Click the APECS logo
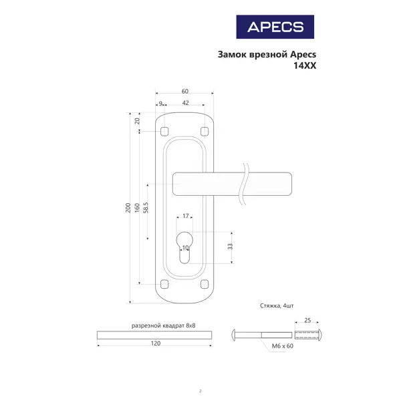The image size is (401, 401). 275,27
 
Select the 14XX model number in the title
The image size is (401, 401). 305,65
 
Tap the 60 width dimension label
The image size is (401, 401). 185,92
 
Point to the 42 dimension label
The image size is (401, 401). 185,103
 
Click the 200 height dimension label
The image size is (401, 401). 128,208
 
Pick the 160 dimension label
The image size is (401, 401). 137,208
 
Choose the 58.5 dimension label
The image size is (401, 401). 146,207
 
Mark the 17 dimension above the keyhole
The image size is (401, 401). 185,216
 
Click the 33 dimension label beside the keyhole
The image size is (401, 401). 230,247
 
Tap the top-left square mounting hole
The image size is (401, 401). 164,132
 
